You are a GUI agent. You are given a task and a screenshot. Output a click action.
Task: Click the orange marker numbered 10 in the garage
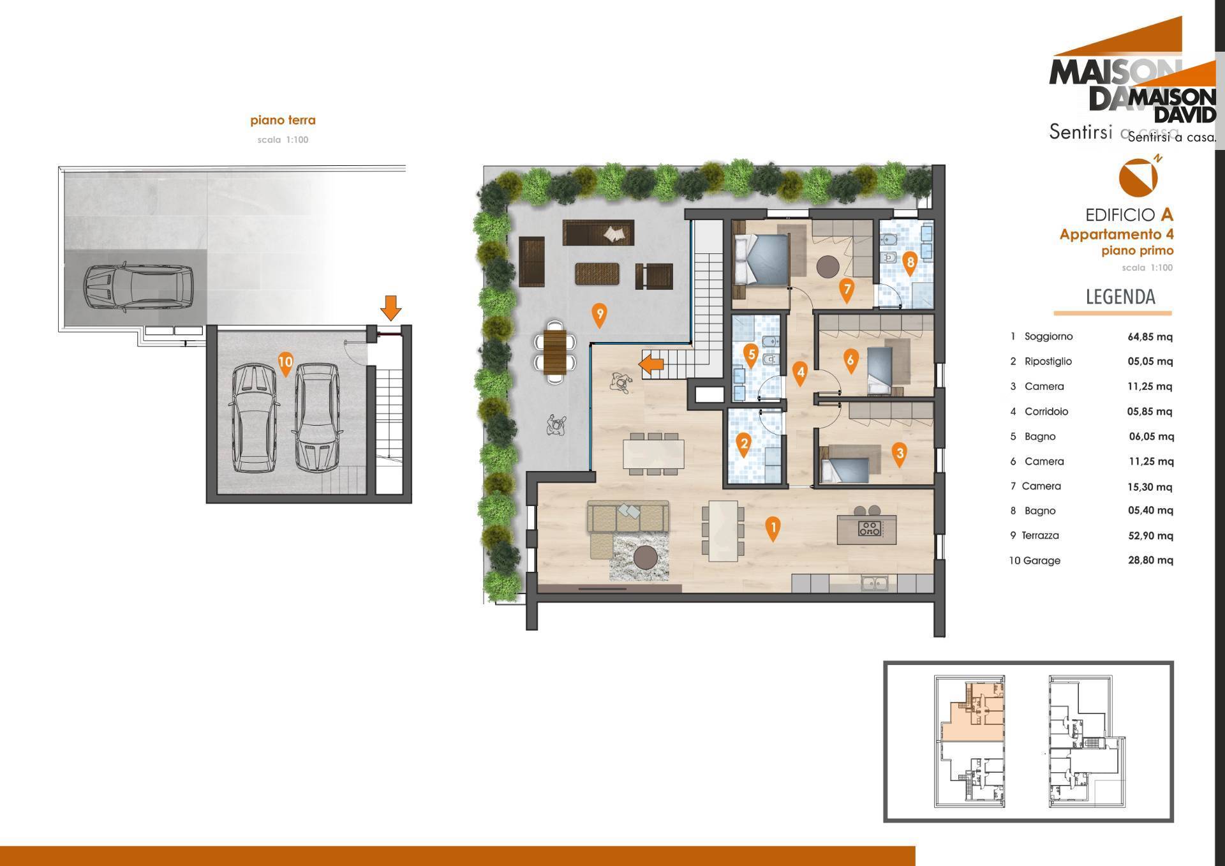click(285, 364)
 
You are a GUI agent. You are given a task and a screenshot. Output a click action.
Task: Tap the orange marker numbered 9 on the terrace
click(598, 316)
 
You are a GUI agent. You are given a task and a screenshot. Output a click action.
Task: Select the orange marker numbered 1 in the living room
click(773, 529)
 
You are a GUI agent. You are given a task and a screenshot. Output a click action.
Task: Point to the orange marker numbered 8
click(910, 263)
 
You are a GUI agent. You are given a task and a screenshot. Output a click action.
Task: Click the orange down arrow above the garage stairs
click(390, 308)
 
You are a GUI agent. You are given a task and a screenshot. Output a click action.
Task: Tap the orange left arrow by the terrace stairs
click(651, 365)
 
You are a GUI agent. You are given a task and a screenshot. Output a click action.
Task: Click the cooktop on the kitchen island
click(868, 528)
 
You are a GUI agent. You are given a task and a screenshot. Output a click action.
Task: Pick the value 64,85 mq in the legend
click(1150, 337)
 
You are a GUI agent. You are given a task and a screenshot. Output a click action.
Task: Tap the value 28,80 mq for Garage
click(1150, 560)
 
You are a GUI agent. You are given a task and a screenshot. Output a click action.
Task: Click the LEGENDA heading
click(1120, 297)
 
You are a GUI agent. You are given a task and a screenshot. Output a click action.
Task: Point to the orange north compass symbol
click(1138, 177)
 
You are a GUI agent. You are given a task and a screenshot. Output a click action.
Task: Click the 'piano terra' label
click(283, 120)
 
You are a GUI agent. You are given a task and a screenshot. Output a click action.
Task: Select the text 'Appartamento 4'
click(1117, 234)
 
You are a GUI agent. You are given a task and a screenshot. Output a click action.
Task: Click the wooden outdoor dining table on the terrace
click(555, 351)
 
